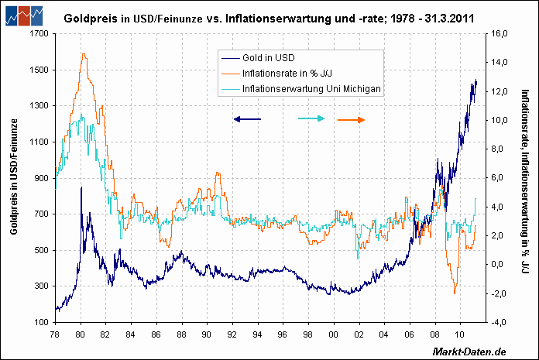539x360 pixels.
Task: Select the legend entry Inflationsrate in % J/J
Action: point(283,73)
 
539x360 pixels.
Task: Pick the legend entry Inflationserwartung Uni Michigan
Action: point(311,89)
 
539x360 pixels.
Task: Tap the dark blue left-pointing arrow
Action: point(248,119)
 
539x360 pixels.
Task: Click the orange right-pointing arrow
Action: point(352,119)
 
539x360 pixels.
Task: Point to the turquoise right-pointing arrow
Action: point(311,118)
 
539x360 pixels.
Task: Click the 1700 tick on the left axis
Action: point(36,34)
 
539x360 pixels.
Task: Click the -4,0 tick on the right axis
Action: point(500,322)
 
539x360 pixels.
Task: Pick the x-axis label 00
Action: point(333,333)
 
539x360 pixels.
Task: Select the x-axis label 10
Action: point(459,333)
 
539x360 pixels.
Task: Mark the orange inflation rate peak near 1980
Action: point(83,54)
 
